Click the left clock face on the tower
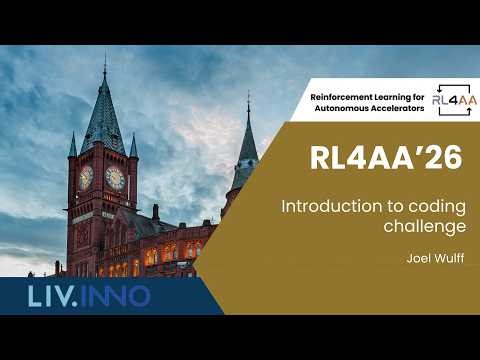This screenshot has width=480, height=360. (86, 177)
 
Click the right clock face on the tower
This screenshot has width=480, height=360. (115, 178)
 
